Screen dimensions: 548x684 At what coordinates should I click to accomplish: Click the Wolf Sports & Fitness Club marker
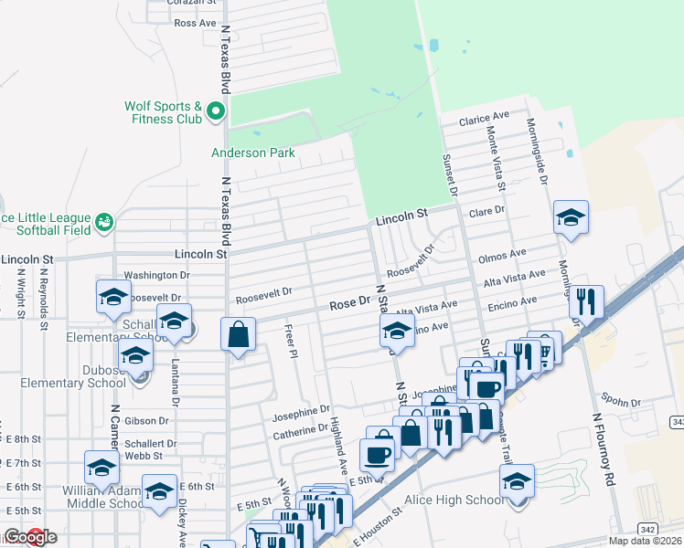pos(216,112)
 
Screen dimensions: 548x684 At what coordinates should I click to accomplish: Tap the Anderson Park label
pos(253,153)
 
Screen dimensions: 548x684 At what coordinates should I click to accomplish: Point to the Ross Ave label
pos(195,22)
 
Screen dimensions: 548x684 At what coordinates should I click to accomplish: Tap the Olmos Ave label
pos(504,254)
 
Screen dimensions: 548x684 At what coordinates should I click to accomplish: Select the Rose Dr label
pos(349,302)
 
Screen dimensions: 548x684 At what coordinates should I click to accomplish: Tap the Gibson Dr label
pos(146,421)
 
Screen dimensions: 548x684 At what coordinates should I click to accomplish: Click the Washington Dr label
pos(156,274)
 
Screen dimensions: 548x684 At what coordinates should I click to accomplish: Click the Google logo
pos(30,537)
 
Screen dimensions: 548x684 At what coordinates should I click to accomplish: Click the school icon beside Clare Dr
pos(571,217)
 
